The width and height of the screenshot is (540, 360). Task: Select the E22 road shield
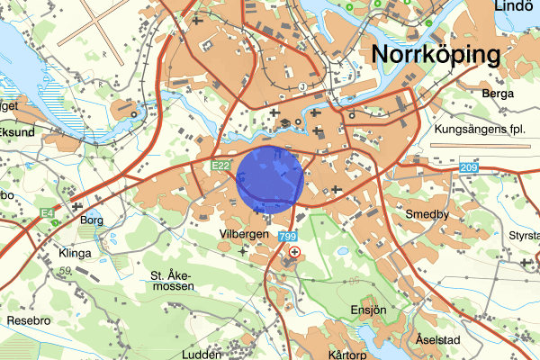tap(223, 166)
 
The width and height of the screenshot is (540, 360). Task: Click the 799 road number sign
tap(288, 237)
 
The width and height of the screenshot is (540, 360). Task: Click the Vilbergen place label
tap(243, 233)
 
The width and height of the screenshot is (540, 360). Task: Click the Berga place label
tap(498, 94)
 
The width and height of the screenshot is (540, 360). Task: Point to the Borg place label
tap(93, 219)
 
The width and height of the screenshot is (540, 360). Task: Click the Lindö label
tap(515, 6)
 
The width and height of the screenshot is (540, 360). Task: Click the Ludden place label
tap(202, 355)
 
